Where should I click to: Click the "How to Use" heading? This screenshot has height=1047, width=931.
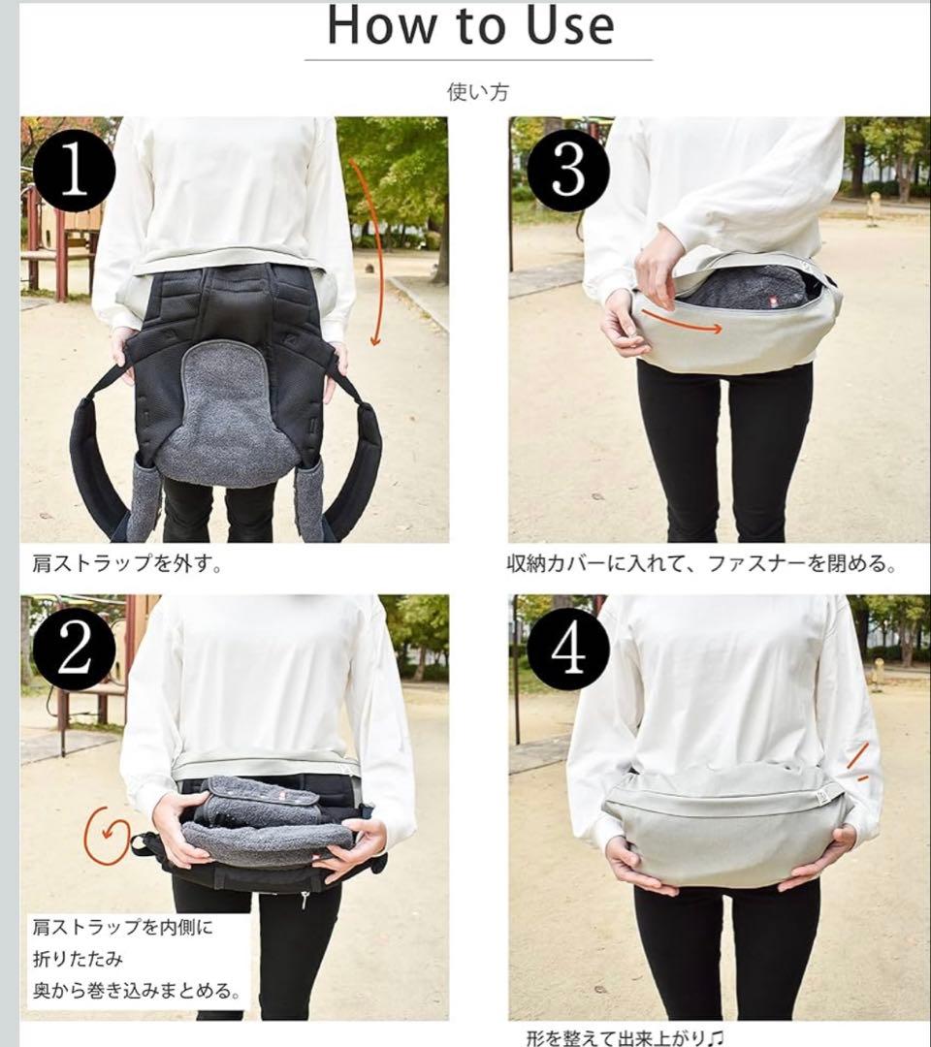tap(471, 26)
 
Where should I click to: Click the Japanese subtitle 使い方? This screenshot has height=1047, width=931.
tap(478, 92)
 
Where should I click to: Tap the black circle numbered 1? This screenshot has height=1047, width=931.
tap(74, 171)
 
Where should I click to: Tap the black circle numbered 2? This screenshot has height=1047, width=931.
tap(74, 649)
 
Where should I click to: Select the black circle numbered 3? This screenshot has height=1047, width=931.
tap(568, 171)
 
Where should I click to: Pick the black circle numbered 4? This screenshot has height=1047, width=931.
tap(568, 649)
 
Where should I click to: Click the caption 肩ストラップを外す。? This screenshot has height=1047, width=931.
tap(127, 563)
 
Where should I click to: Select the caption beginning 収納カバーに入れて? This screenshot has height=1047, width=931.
tap(701, 563)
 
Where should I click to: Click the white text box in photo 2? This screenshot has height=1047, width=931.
tap(136, 959)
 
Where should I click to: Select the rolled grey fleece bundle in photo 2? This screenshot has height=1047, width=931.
tap(267, 820)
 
